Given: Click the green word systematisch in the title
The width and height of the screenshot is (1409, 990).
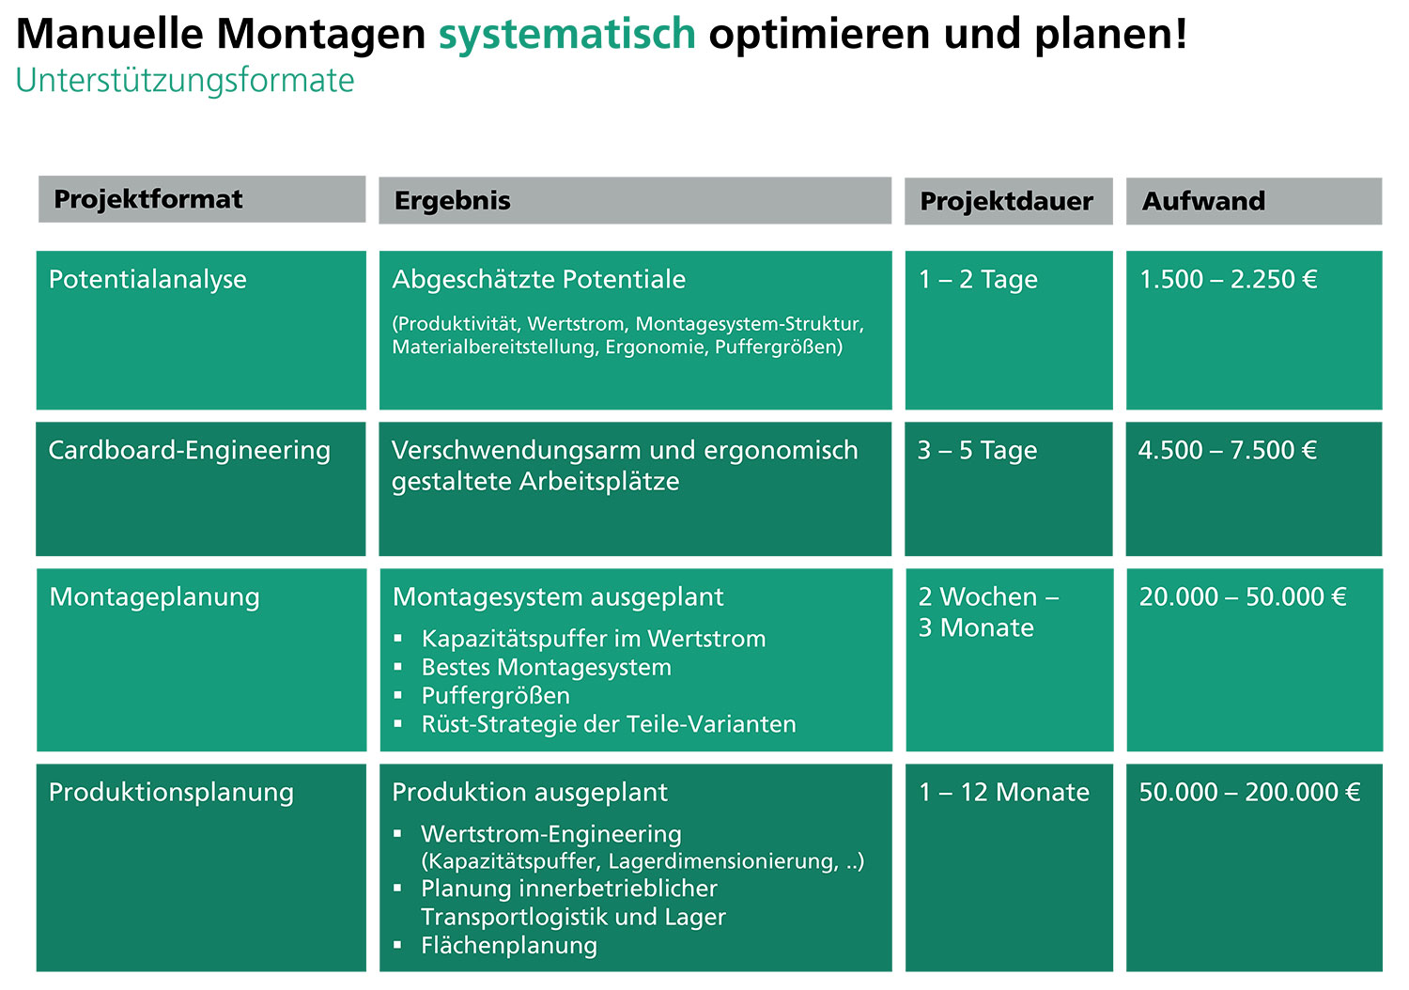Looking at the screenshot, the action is coord(566,34).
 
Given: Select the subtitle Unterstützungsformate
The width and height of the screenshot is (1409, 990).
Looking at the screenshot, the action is coord(185,81).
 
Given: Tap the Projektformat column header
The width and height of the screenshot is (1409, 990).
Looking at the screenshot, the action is coord(147,199).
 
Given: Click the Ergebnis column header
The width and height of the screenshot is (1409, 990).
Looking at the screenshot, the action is coord(452,201).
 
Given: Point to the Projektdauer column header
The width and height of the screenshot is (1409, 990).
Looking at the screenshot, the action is coord(1006,201).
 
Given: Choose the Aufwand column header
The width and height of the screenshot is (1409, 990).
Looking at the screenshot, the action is coord(1203,201).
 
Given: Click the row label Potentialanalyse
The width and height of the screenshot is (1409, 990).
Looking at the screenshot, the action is coord(147,280).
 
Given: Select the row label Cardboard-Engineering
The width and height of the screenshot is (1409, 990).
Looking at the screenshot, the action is coord(190,450).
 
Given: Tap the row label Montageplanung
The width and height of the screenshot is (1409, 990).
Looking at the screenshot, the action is coord(155,597).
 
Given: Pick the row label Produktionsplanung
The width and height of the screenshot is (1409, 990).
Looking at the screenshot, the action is coord(171,793).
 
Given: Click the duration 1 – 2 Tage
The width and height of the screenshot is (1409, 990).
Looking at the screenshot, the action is coord(978,280).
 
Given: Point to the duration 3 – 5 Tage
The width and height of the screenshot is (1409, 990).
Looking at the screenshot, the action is coord(978,450).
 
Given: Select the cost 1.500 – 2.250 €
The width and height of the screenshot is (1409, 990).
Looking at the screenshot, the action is coord(1229,279).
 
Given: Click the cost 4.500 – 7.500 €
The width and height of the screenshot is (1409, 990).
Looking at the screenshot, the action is coord(1227,450).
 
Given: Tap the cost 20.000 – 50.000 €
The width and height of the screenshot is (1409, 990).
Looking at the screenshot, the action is coord(1243,596).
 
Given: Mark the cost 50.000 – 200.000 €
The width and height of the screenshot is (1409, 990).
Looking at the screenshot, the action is coord(1250,792).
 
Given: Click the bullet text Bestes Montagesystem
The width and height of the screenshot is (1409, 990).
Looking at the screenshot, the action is coord(547,667).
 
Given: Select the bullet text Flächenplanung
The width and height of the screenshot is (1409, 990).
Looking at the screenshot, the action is coord(509,945).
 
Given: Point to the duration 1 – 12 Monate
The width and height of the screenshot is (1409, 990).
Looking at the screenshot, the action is coord(1004,792).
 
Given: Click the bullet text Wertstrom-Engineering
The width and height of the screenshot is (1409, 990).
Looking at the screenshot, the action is coord(551,835).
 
